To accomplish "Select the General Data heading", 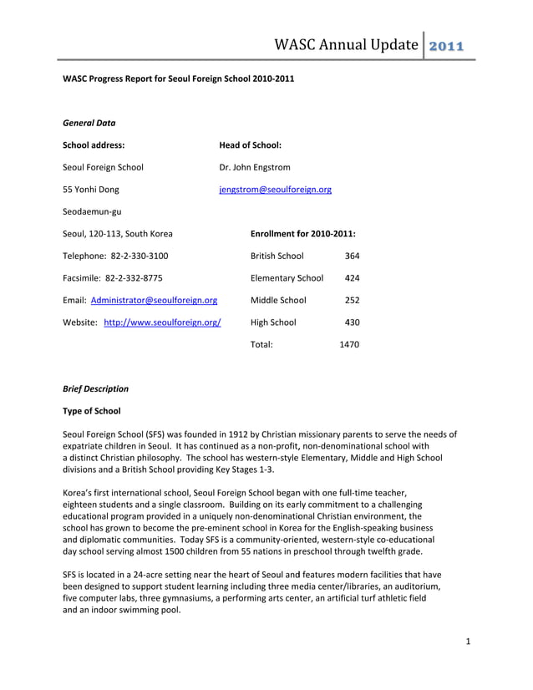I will click(x=89, y=123).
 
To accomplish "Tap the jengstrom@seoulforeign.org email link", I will click(x=275, y=190).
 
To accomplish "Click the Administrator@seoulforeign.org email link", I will click(x=154, y=300).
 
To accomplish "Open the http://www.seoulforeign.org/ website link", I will click(x=162, y=322).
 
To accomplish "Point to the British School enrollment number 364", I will click(x=352, y=256).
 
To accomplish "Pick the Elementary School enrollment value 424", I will click(x=352, y=278).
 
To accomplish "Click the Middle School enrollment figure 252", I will click(x=352, y=300).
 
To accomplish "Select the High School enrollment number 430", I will click(x=352, y=322).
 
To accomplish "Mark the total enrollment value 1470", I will click(x=349, y=344).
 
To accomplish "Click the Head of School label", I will click(x=250, y=145).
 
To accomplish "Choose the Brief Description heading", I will click(x=96, y=388).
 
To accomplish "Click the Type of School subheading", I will click(x=92, y=411).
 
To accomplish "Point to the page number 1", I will click(x=469, y=642).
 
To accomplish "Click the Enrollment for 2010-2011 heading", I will click(x=303, y=234).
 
